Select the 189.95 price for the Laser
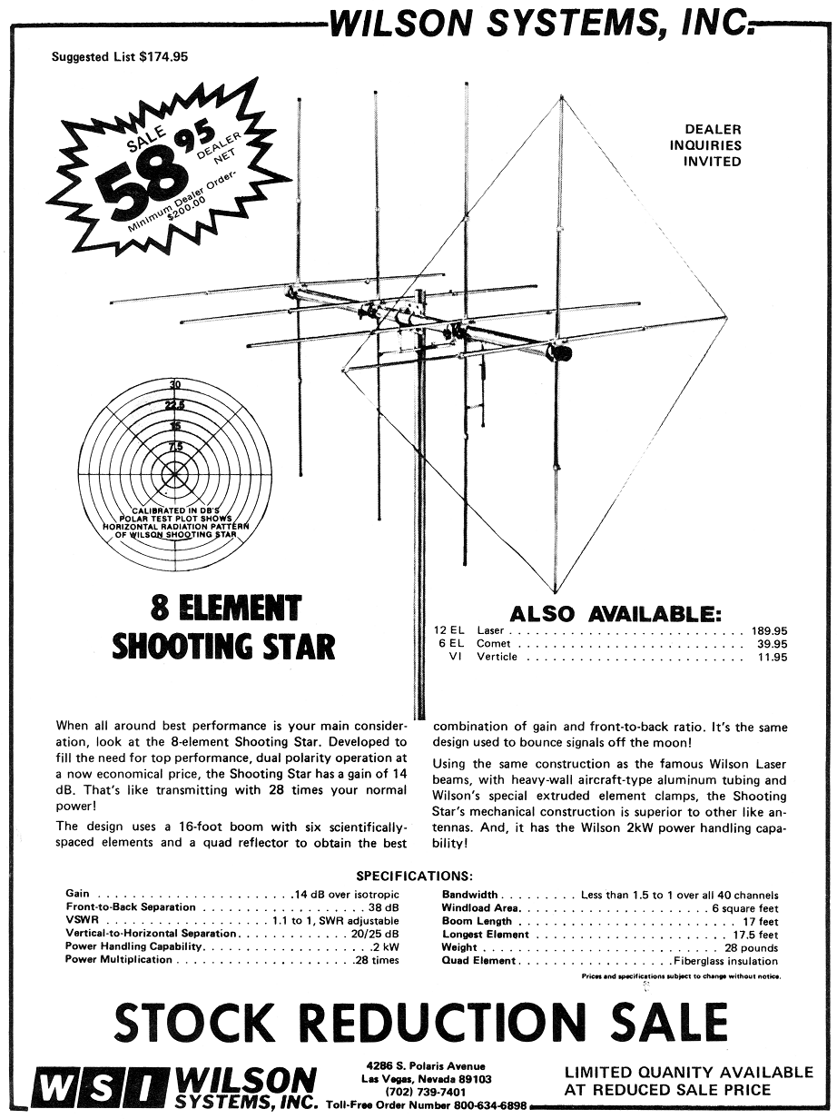(x=769, y=629)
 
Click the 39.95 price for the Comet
(x=772, y=643)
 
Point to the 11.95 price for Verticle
(x=772, y=657)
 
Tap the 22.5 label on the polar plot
(x=174, y=405)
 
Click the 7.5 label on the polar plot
(x=174, y=446)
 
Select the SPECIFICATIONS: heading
(x=414, y=876)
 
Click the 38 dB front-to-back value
(x=384, y=907)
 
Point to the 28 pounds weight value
(x=752, y=947)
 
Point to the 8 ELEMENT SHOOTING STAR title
(x=223, y=626)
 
